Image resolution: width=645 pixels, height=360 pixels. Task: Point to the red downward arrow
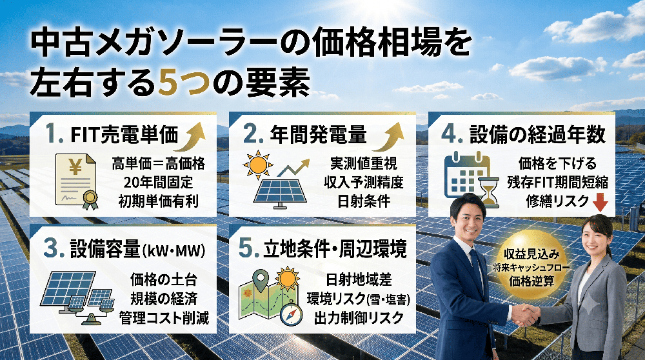(600, 203)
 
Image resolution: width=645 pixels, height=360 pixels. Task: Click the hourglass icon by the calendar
(488, 193)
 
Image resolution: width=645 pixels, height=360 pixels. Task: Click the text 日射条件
(364, 201)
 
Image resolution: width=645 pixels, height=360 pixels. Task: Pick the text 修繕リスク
(557, 201)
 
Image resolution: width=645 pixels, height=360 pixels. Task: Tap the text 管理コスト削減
(164, 317)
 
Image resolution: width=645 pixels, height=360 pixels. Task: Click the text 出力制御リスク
(359, 317)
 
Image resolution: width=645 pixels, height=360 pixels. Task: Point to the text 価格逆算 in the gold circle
(531, 281)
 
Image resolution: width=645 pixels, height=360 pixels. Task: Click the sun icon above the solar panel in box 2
(258, 165)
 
